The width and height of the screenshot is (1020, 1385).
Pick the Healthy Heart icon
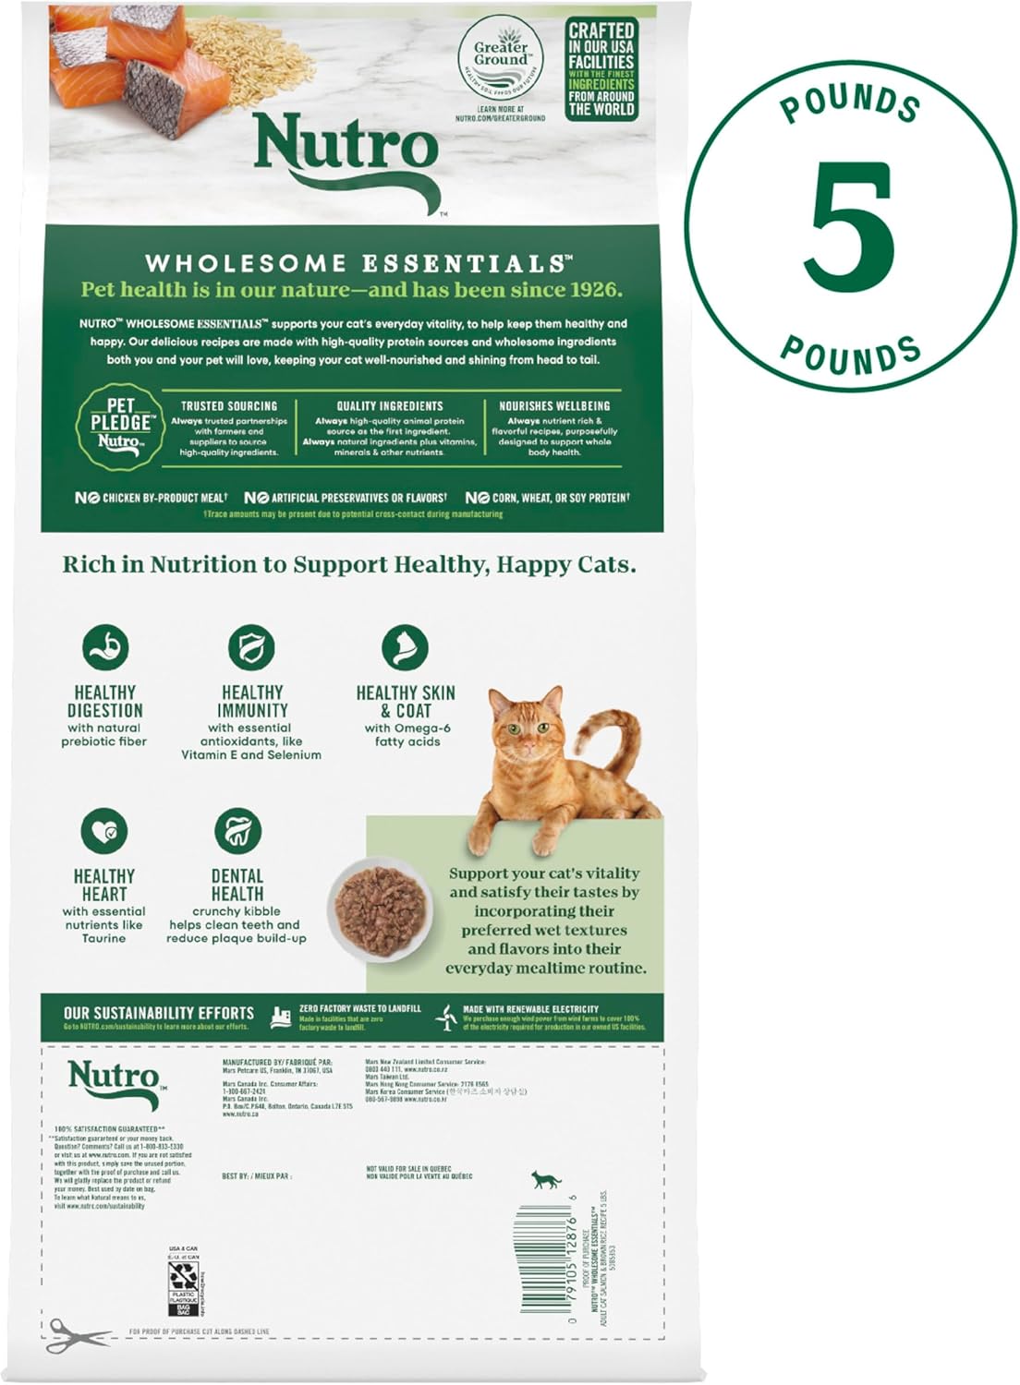pos(104,831)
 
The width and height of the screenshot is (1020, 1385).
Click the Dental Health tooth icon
pos(237,831)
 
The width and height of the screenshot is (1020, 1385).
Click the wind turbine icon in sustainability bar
pos(447,1018)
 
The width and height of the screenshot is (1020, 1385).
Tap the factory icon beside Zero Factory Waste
pos(280,1018)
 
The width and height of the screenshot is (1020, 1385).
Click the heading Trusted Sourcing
pos(228,406)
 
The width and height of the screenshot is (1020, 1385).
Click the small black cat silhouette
pos(546,1179)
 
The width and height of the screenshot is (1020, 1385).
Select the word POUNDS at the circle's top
pos(850,104)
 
